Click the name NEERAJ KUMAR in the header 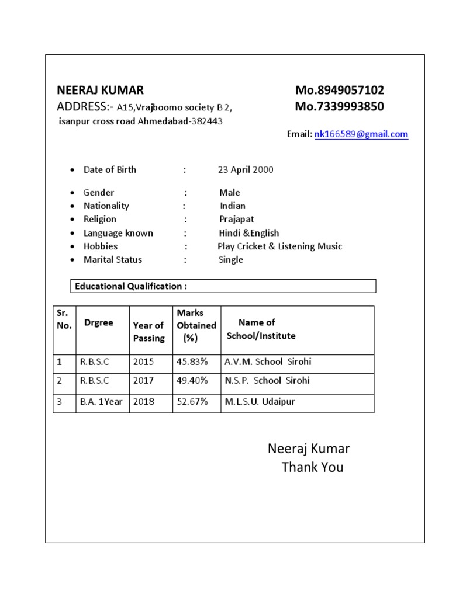pyautogui.click(x=100, y=91)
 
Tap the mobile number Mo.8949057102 pyautogui.click(x=340, y=91)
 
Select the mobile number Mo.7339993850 pyautogui.click(x=340, y=107)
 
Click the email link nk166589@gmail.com pyautogui.click(x=361, y=134)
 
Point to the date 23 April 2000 pyautogui.click(x=245, y=170)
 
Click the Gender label pyautogui.click(x=99, y=193)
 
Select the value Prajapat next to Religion pyautogui.click(x=237, y=220)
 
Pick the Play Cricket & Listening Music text pyautogui.click(x=279, y=246)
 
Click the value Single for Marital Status pyautogui.click(x=230, y=260)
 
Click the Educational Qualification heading pyautogui.click(x=130, y=286)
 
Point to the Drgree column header pyautogui.click(x=99, y=323)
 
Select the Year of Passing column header pyautogui.click(x=149, y=332)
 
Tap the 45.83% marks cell pyautogui.click(x=192, y=362)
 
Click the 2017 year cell pyautogui.click(x=143, y=381)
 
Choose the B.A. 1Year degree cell pyautogui.click(x=101, y=402)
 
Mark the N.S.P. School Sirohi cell pyautogui.click(x=267, y=381)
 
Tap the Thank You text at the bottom pyautogui.click(x=312, y=467)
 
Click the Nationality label pyautogui.click(x=106, y=206)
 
